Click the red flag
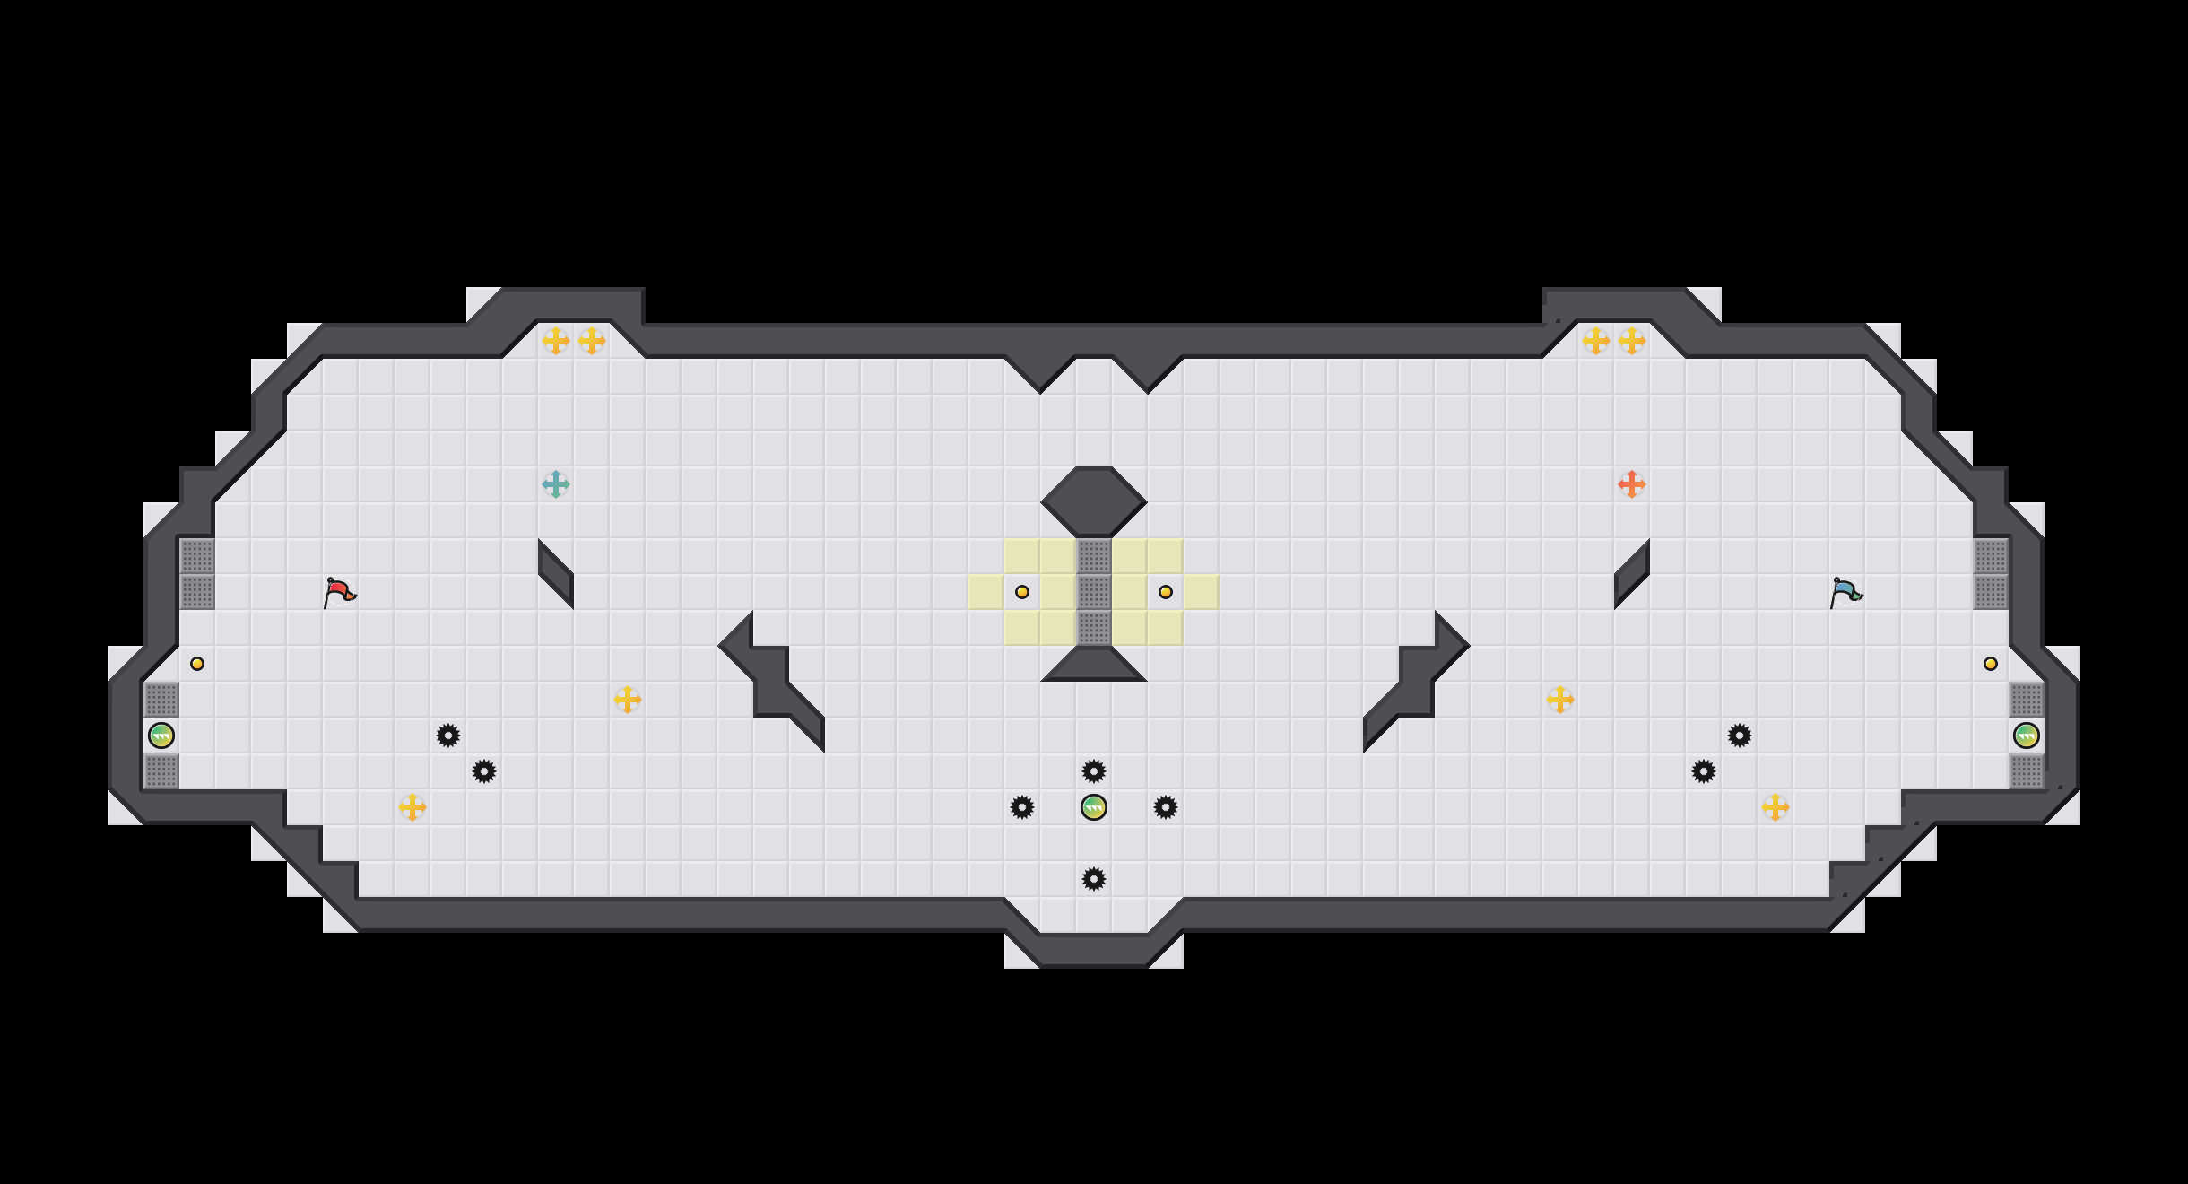click(339, 592)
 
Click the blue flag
click(1845, 592)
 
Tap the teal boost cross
click(556, 484)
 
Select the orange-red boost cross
click(1632, 484)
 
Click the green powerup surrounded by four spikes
click(1094, 807)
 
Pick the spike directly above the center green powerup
click(1094, 771)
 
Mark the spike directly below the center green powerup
click(1094, 879)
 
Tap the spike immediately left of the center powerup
click(1022, 807)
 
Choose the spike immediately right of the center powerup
click(1166, 807)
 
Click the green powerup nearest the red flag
click(161, 736)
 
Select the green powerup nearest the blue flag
click(2027, 736)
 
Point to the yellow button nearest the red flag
click(197, 664)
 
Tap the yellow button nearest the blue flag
click(1991, 664)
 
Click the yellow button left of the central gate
click(1022, 592)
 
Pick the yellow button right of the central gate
click(1166, 592)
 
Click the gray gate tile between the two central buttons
click(1094, 592)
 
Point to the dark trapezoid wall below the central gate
click(1094, 666)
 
